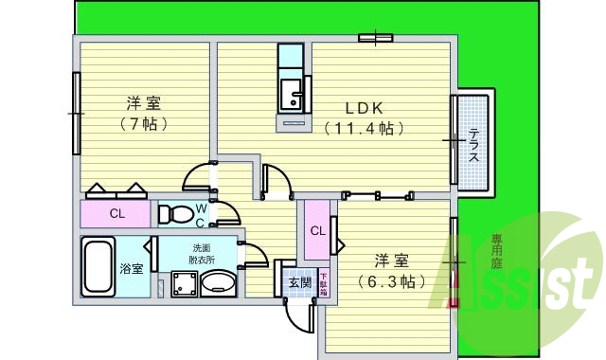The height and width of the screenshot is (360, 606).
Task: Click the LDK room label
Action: pos(364,108)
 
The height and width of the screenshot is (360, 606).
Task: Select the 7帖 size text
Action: pos(144,124)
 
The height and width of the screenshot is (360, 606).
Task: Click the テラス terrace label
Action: pos(472,145)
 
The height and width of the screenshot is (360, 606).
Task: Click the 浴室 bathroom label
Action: pos(132,268)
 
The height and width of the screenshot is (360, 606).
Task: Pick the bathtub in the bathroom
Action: pos(98,268)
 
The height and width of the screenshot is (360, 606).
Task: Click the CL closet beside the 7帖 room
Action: pos(116,213)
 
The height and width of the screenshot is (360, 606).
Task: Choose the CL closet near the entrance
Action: pos(317,230)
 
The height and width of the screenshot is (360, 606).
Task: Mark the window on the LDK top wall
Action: pos(376,38)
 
